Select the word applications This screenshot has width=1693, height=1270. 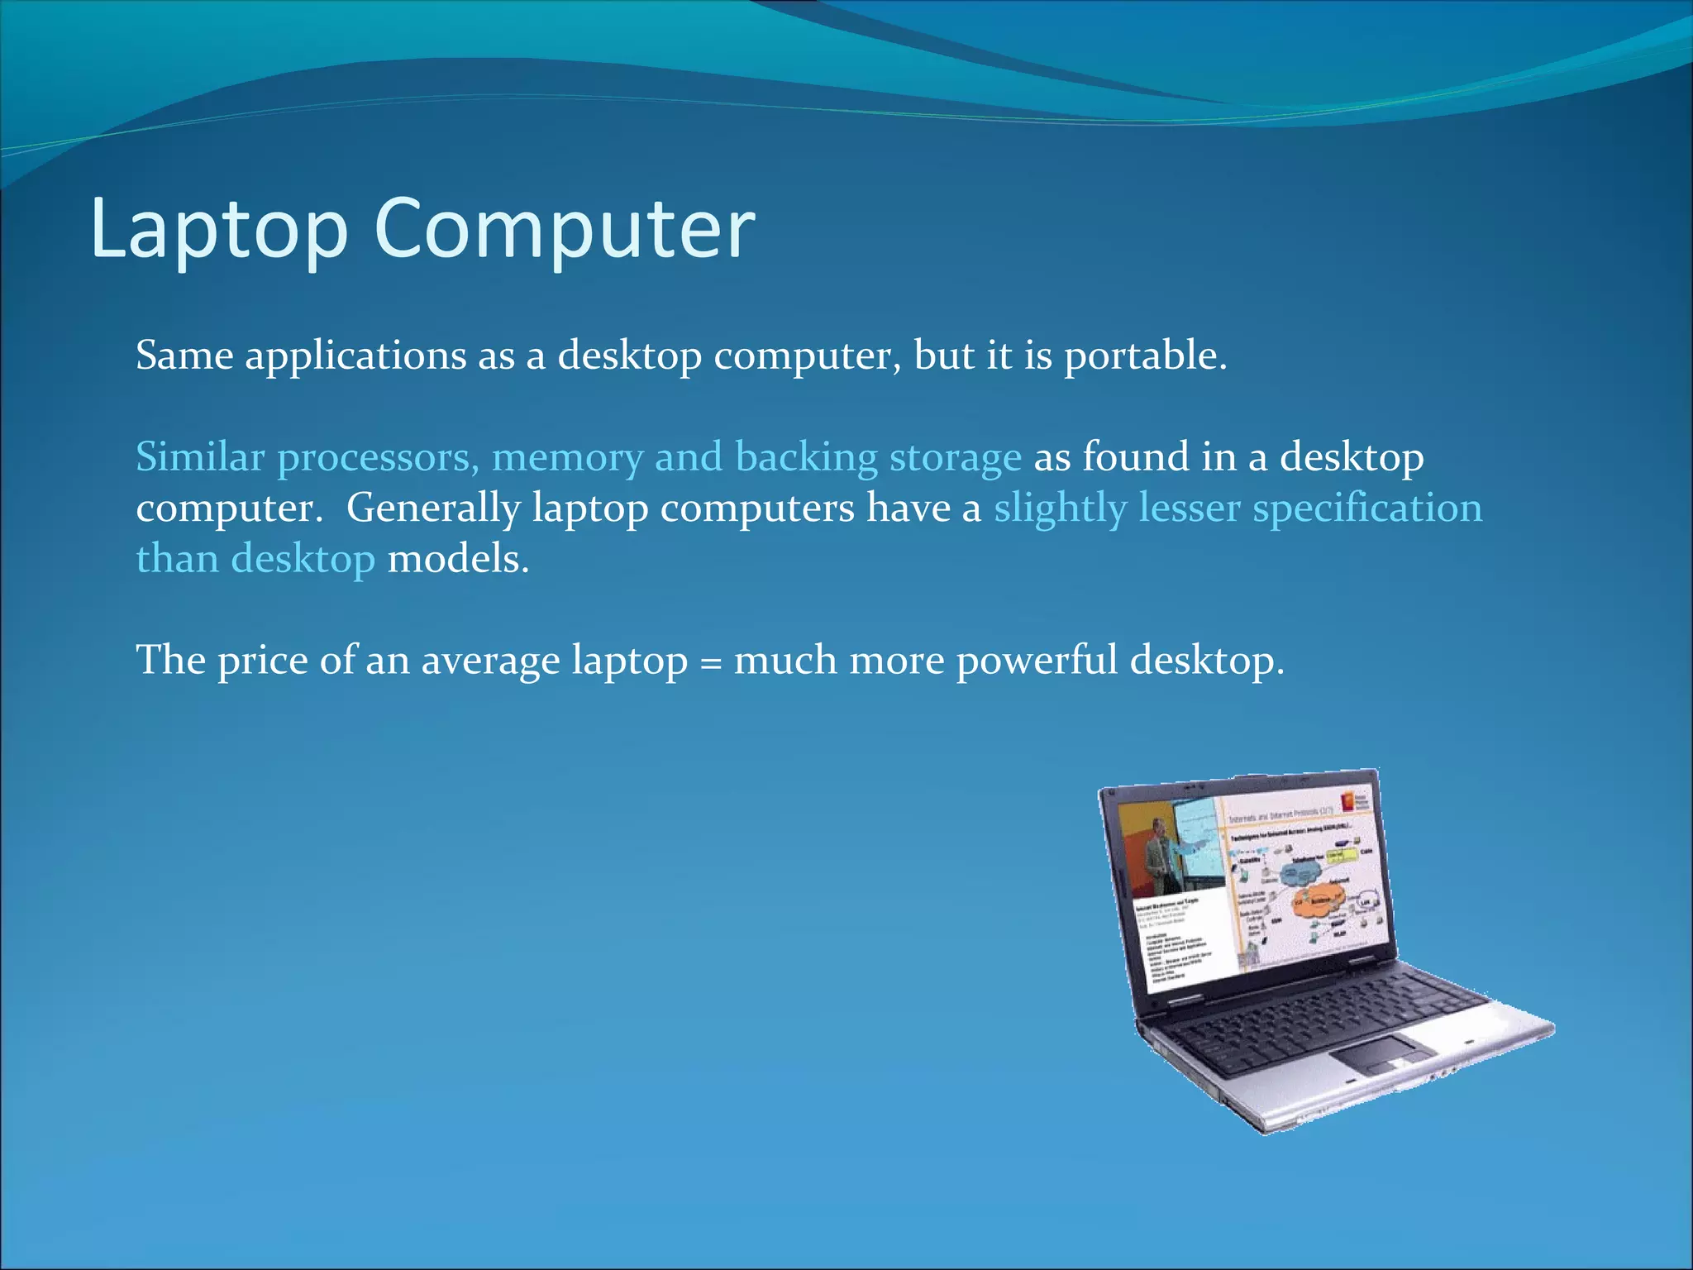click(x=355, y=356)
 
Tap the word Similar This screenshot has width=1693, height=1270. click(x=200, y=456)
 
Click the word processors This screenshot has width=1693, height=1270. click(x=378, y=458)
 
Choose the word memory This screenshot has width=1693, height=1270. click(x=567, y=458)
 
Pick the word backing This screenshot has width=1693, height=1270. click(x=806, y=458)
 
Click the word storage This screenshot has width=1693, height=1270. click(x=955, y=458)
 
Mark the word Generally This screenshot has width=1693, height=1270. click(x=432, y=508)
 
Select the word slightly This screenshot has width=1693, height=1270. click(x=1060, y=508)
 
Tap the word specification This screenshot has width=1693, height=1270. click(x=1367, y=508)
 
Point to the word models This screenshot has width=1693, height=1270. click(x=457, y=559)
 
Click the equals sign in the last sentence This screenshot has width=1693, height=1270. click(x=710, y=662)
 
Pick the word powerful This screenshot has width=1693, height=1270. click(x=1037, y=661)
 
